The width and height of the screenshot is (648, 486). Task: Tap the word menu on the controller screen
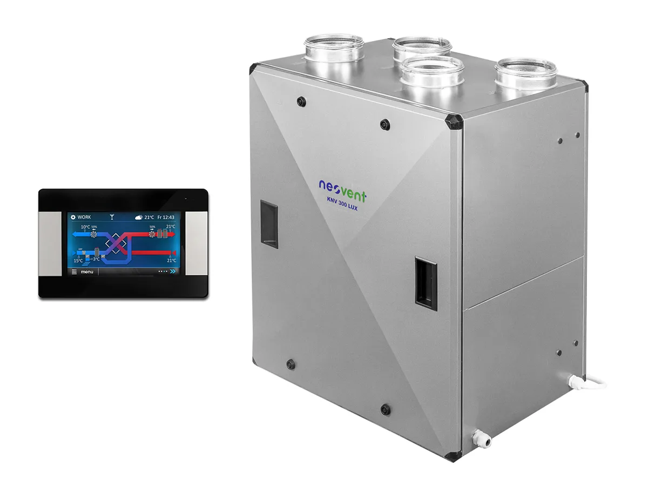[x=87, y=272]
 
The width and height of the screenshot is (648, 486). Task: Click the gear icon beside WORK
[x=73, y=217]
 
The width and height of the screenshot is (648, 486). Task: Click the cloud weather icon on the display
[x=139, y=217]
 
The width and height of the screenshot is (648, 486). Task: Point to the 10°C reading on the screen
[x=85, y=227]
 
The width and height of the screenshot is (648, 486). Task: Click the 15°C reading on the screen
[x=78, y=260]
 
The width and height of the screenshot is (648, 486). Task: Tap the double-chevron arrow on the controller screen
[x=172, y=272]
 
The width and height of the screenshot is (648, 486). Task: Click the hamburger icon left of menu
[x=75, y=272]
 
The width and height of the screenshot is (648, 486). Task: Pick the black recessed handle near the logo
[x=269, y=224]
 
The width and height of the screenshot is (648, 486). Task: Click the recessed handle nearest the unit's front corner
[x=425, y=282]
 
